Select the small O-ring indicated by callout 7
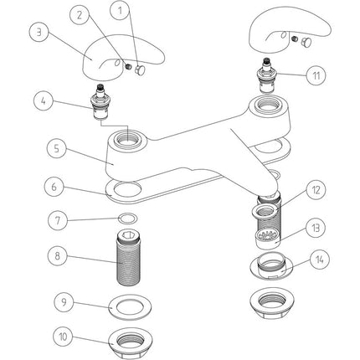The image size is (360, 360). pyautogui.click(x=126, y=220)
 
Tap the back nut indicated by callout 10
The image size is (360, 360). pyautogui.click(x=126, y=341)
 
